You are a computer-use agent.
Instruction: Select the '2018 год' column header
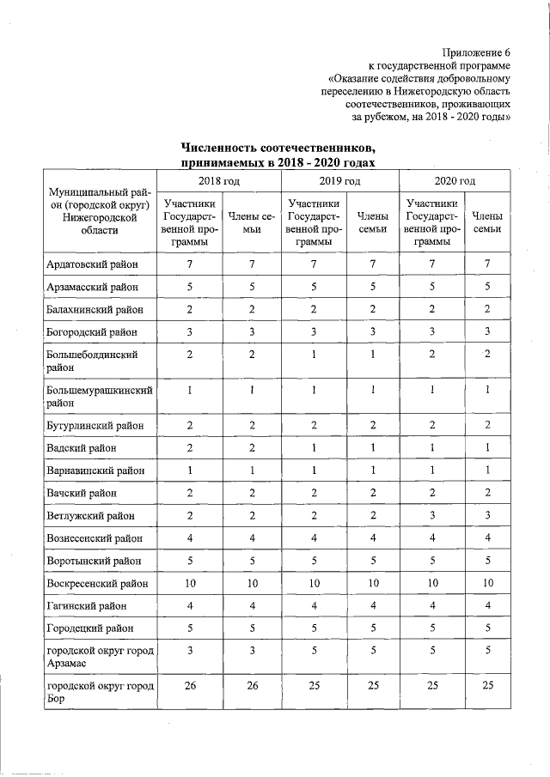tap(219, 181)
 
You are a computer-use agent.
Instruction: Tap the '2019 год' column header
tap(339, 181)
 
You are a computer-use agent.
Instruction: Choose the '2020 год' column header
tap(455, 181)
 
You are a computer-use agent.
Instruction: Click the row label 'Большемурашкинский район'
tap(100, 394)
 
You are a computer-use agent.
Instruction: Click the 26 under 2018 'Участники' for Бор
tap(188, 684)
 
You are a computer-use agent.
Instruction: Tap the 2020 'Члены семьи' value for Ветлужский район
tap(487, 515)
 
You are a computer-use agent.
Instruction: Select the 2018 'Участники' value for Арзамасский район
tap(188, 286)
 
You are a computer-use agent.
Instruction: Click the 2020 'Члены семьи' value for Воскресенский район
tap(487, 584)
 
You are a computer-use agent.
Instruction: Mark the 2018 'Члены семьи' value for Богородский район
tap(249, 331)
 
